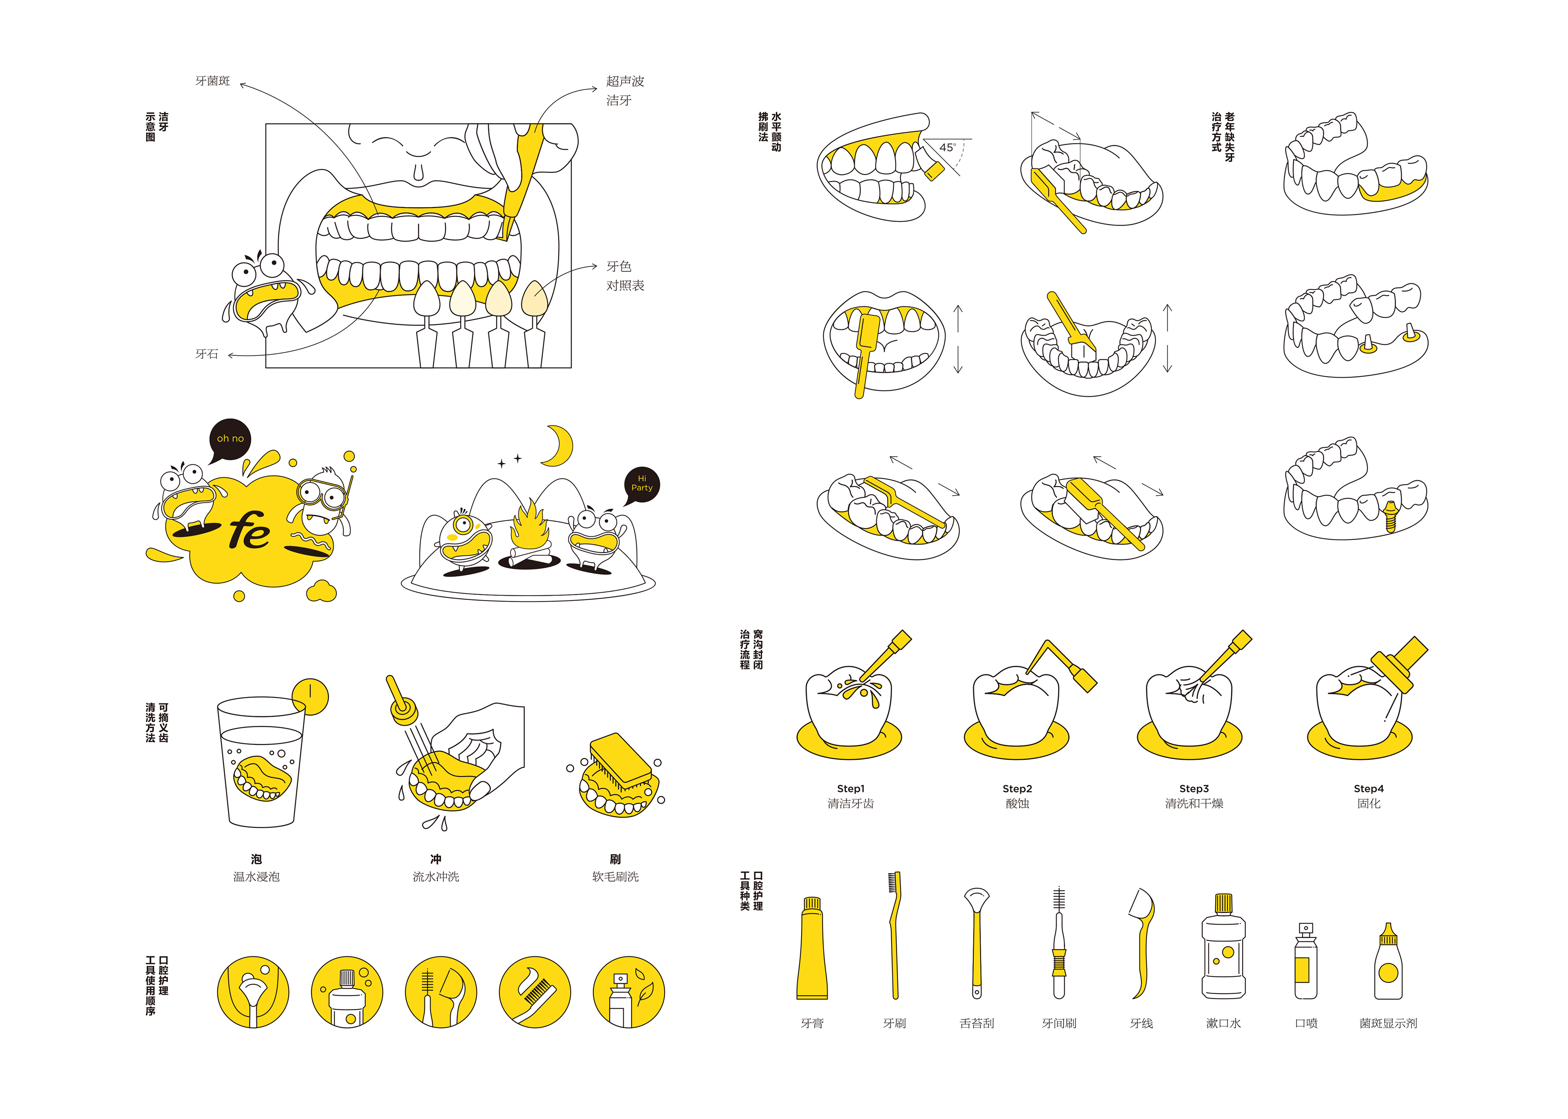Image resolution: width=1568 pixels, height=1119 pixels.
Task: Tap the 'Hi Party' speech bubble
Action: coord(641,484)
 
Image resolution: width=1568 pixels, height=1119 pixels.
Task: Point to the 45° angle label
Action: coord(947,147)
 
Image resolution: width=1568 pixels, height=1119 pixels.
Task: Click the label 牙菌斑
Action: coord(212,81)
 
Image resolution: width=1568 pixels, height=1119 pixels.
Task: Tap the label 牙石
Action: coord(206,354)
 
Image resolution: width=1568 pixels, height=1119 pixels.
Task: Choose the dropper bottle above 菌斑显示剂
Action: coord(1388,963)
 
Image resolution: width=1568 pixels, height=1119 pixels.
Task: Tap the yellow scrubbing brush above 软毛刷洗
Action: coord(619,758)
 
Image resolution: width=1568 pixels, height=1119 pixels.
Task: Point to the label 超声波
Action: coord(625,81)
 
